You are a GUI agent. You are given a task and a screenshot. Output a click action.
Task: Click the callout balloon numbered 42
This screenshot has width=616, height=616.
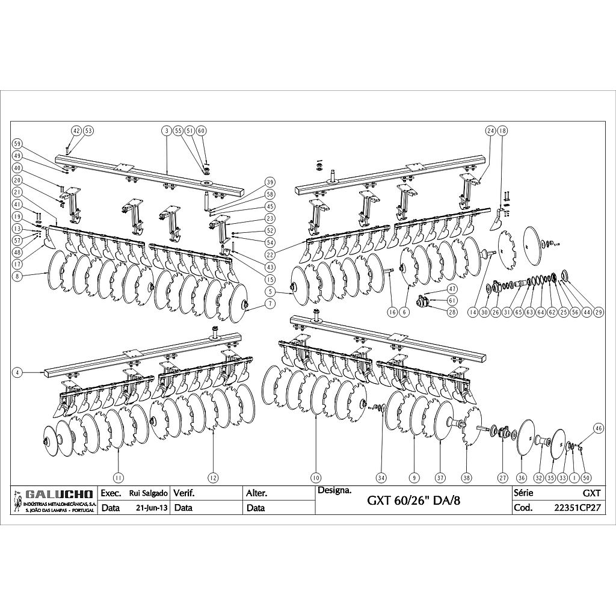pyautogui.click(x=76, y=130)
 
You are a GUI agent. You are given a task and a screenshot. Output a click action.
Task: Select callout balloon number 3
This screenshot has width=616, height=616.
pyautogui.click(x=165, y=130)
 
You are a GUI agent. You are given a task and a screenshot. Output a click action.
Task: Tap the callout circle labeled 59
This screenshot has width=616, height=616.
pyautogui.click(x=17, y=144)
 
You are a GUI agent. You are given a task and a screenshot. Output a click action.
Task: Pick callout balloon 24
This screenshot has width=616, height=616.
pyautogui.click(x=490, y=130)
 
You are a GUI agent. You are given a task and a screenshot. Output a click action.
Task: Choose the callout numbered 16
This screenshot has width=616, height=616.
pyautogui.click(x=392, y=312)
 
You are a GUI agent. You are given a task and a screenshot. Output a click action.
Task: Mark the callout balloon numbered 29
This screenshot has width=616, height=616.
pyautogui.click(x=599, y=312)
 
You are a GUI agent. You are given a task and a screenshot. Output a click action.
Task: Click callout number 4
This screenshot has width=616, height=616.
pyautogui.click(x=17, y=373)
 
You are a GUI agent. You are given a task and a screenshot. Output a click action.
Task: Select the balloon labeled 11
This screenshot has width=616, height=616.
pyautogui.click(x=119, y=477)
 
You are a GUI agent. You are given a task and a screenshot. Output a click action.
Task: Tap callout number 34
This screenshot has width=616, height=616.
pyautogui.click(x=381, y=477)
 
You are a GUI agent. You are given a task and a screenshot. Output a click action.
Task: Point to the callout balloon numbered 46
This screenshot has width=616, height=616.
pyautogui.click(x=598, y=428)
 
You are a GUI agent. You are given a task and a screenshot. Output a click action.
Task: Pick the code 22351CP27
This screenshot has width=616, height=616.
pyautogui.click(x=577, y=507)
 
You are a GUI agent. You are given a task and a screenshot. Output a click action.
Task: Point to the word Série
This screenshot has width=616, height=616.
pyautogui.click(x=523, y=493)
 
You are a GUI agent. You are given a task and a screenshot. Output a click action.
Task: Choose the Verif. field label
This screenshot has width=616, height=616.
pyautogui.click(x=183, y=493)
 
